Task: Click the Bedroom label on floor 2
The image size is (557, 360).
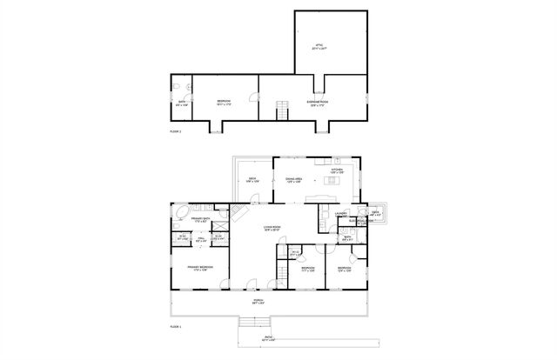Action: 224,103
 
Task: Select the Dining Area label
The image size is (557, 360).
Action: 293,180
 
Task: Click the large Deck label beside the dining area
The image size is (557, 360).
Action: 252,180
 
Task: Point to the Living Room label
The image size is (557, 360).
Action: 272,228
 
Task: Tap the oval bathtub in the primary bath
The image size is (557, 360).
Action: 182,213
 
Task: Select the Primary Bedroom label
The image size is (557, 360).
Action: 200,268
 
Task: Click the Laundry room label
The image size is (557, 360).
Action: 341,214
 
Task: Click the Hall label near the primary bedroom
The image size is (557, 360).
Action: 201,238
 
